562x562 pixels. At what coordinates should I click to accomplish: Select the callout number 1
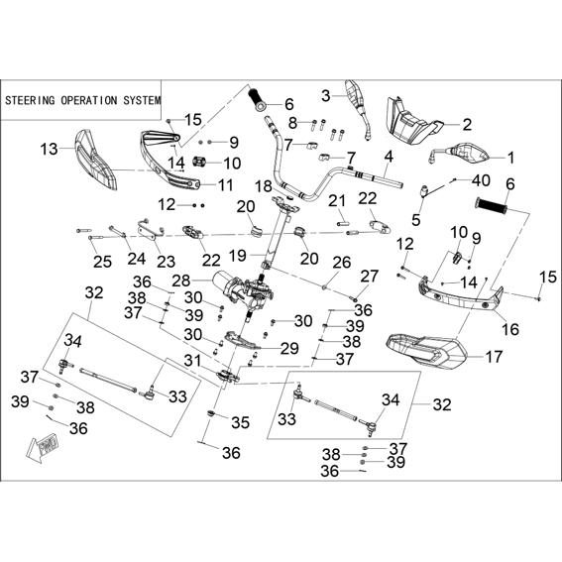point(510,158)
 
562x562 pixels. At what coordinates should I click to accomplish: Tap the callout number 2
point(467,125)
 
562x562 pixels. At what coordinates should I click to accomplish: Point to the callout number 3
point(325,96)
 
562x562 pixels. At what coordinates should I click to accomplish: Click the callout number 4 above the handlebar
point(389,157)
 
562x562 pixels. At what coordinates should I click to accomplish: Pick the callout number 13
point(50,149)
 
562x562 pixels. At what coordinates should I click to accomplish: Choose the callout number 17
point(494,357)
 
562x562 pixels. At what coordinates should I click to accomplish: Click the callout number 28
point(180,281)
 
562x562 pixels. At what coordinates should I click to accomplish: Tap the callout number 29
point(289,348)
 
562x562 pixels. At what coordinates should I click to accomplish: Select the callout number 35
point(240,423)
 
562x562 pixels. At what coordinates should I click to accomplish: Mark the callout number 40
point(481,180)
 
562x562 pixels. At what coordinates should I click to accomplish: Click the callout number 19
point(237,256)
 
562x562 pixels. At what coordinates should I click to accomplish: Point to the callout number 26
point(342,263)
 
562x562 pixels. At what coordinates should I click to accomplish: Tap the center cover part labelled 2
point(412,121)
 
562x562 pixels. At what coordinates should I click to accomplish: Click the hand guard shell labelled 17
point(426,351)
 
